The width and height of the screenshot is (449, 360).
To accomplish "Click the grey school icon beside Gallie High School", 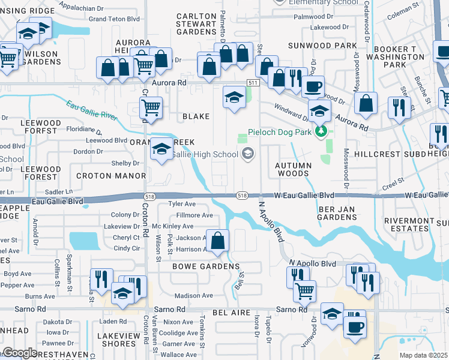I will tap(247, 155).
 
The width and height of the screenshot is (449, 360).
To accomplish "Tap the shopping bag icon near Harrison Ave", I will tap(218, 241).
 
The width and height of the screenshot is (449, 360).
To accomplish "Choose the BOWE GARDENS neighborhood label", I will tap(206, 266).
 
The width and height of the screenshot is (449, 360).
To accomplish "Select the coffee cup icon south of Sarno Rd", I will tap(354, 328).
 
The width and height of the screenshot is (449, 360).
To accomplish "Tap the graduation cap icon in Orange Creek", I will tap(161, 150).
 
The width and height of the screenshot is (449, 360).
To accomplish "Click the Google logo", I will tap(20, 353).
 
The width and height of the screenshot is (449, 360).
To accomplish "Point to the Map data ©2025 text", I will tap(424, 355).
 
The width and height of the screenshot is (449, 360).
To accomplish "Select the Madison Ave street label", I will tap(193, 296).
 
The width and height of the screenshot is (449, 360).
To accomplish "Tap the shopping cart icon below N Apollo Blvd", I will tap(304, 291).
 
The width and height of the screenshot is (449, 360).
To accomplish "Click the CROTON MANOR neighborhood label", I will tap(111, 176).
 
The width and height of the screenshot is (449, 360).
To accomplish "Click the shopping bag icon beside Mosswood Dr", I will tap(366, 104).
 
